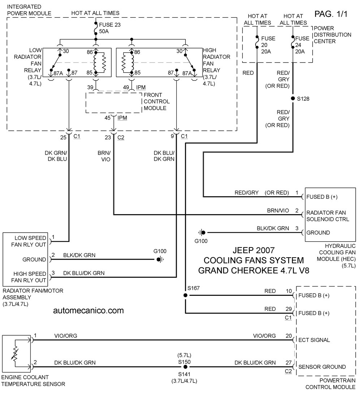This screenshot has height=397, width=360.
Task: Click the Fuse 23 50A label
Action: coord(110,28)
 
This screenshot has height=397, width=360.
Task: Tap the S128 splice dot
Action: coord(293,99)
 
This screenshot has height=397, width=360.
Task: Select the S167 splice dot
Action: coord(185,295)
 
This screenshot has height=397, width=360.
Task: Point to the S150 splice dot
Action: coord(185,367)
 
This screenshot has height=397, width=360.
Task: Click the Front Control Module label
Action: coord(157,102)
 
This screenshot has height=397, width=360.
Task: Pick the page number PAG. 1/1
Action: coord(331,14)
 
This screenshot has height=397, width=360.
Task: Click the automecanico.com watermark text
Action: coord(89,310)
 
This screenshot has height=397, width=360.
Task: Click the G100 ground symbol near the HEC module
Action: coord(202,232)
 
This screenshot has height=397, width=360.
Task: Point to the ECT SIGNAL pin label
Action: coord(314,340)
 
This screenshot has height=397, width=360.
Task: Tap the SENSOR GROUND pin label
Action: coord(322,367)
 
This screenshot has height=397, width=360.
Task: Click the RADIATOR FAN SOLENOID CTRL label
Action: coord(327,216)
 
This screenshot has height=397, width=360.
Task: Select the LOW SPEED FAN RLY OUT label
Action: coord(29,241)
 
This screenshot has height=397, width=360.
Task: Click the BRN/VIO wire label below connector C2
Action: coord(104,156)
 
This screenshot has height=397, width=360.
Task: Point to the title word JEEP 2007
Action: coord(254,250)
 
